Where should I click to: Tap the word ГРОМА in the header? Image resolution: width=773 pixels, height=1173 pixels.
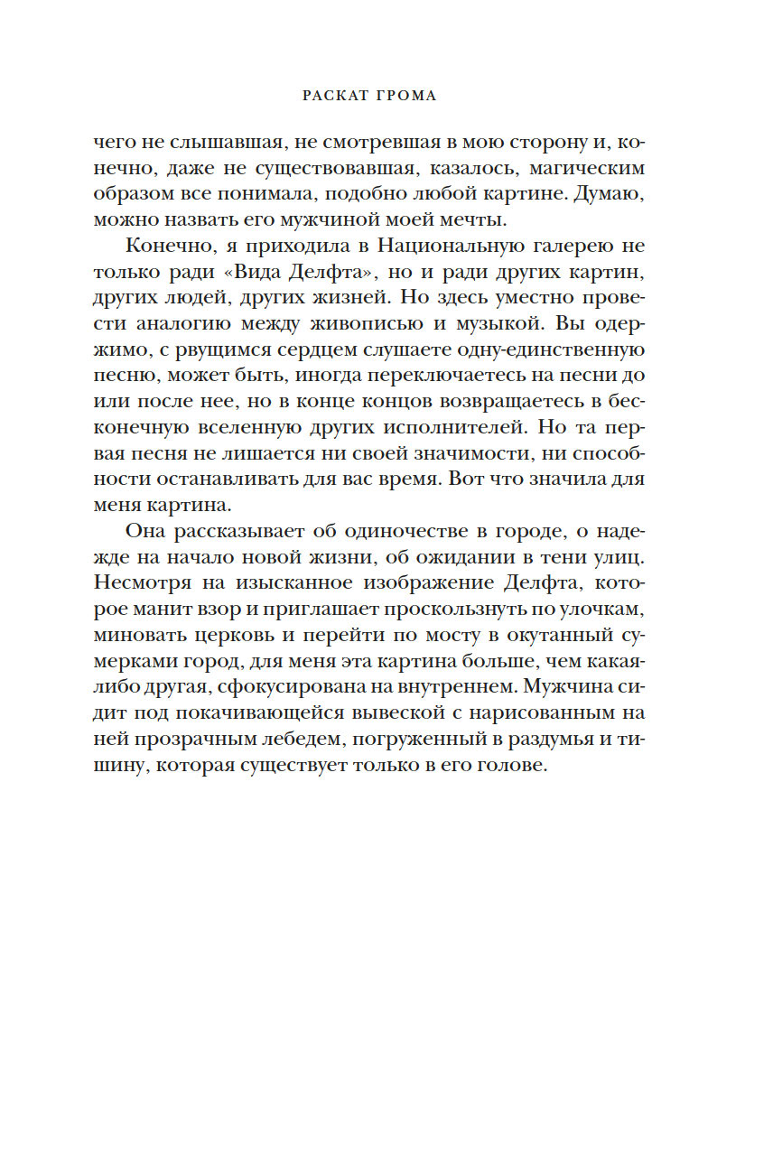409,96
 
